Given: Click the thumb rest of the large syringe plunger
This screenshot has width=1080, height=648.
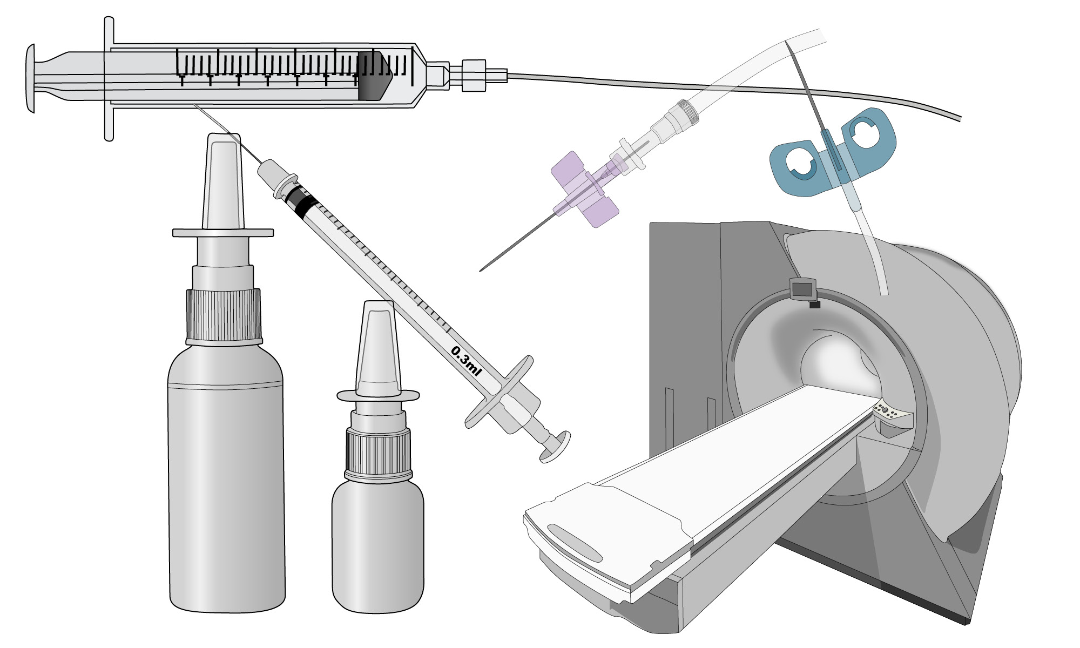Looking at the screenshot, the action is (31, 79).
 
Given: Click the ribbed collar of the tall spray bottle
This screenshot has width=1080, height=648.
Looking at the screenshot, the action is (224, 318).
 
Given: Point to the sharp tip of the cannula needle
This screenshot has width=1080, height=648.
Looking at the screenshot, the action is (480, 269).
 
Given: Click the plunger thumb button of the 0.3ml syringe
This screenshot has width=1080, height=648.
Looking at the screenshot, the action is (556, 447).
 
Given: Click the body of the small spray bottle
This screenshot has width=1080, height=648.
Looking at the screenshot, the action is (378, 545).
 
